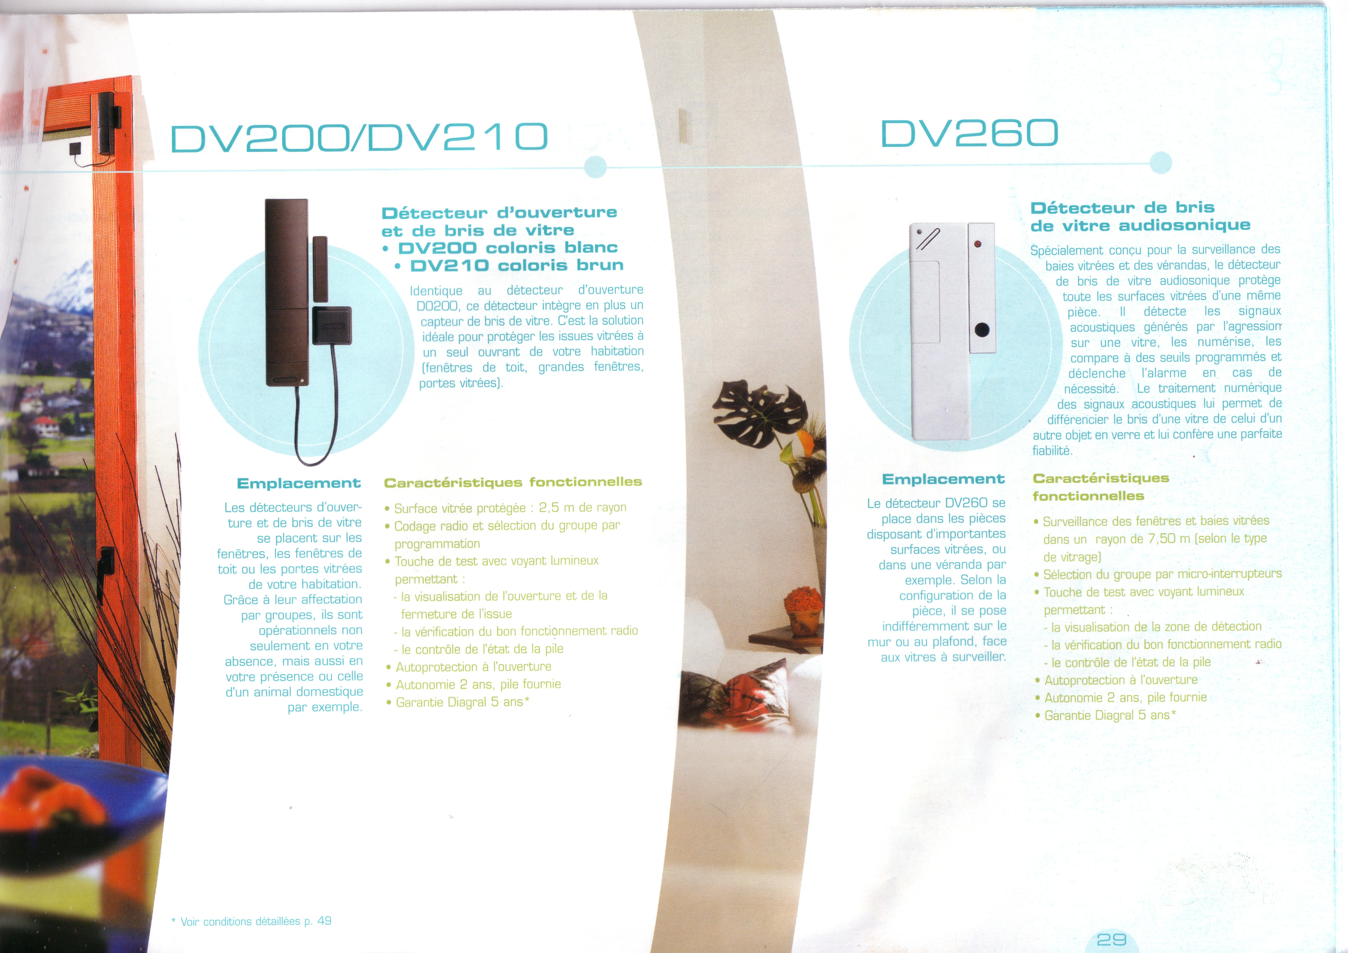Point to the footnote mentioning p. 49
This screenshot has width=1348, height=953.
[x=251, y=921]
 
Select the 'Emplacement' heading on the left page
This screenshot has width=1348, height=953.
[x=299, y=483]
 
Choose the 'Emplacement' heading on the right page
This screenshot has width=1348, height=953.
[x=944, y=479]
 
